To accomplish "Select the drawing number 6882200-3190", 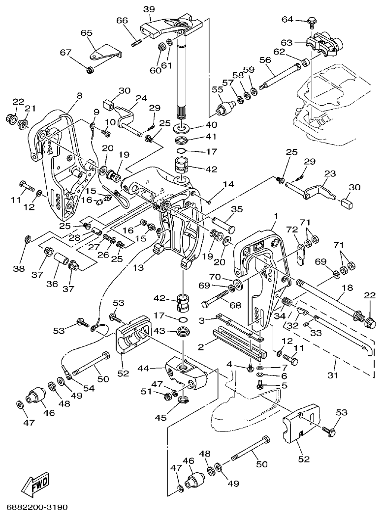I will (x=37, y=506).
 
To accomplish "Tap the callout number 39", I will (x=148, y=10).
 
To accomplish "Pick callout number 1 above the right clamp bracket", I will (x=276, y=216).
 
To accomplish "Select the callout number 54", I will (x=89, y=388).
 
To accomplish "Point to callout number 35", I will (x=237, y=209).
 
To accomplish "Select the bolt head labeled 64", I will (x=312, y=20).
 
